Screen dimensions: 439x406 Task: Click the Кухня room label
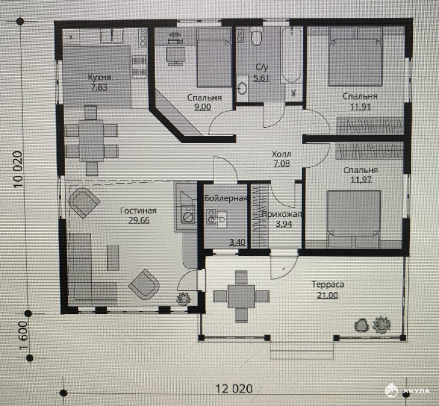coord(99,77)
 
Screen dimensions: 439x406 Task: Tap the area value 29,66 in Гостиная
coord(139,220)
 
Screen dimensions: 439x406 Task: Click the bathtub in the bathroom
coord(292,55)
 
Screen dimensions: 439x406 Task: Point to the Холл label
coord(282,154)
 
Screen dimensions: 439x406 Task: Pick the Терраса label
coord(328,285)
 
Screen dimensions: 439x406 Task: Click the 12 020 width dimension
coord(234,389)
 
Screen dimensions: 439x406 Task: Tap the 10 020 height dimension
coord(17,170)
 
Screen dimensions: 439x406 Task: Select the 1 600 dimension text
coord(24,335)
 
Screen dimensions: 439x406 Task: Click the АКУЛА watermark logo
coord(407,390)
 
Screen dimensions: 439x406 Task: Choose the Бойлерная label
coord(226,198)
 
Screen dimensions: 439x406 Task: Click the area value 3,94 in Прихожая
coord(284,224)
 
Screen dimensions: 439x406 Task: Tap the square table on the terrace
coord(241,296)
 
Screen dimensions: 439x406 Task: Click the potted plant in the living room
coord(183,298)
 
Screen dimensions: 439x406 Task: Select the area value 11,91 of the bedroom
coord(360,107)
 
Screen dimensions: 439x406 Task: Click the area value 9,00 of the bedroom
coord(203,107)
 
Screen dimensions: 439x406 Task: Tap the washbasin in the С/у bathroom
coord(242,88)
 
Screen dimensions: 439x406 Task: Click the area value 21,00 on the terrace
coord(327,295)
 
